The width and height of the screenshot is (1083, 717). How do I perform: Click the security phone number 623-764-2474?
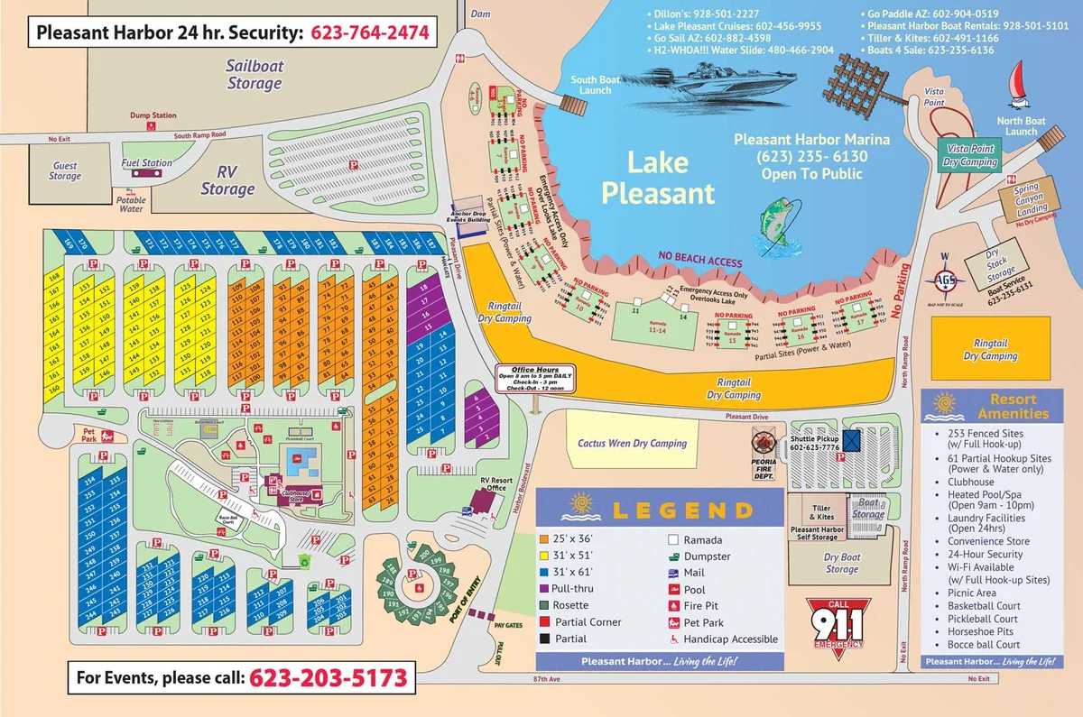(370, 33)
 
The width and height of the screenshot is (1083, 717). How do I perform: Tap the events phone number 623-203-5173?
(328, 676)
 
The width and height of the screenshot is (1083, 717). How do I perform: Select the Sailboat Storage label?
(254, 74)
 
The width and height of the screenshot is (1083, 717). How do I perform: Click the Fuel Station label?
(146, 163)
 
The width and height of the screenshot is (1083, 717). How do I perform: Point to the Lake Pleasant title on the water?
(658, 178)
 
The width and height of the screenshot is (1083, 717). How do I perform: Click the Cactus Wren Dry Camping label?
(632, 443)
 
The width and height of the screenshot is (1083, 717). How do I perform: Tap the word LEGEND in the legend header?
(682, 510)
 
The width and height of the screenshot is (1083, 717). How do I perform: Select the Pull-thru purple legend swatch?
(545, 588)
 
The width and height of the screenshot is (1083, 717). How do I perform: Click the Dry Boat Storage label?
(841, 563)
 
